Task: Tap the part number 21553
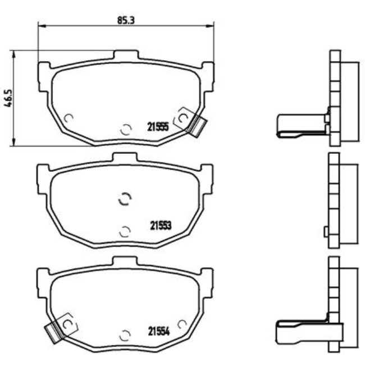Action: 160,225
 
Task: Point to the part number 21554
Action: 159,330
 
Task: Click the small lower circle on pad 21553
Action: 125,230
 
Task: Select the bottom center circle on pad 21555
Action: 126,129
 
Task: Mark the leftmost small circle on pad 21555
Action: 69,118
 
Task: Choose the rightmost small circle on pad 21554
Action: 181,324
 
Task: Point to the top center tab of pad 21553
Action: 125,157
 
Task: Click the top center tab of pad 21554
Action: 125,261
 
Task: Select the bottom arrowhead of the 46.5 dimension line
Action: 13,143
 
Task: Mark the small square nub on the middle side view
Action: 326,231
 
